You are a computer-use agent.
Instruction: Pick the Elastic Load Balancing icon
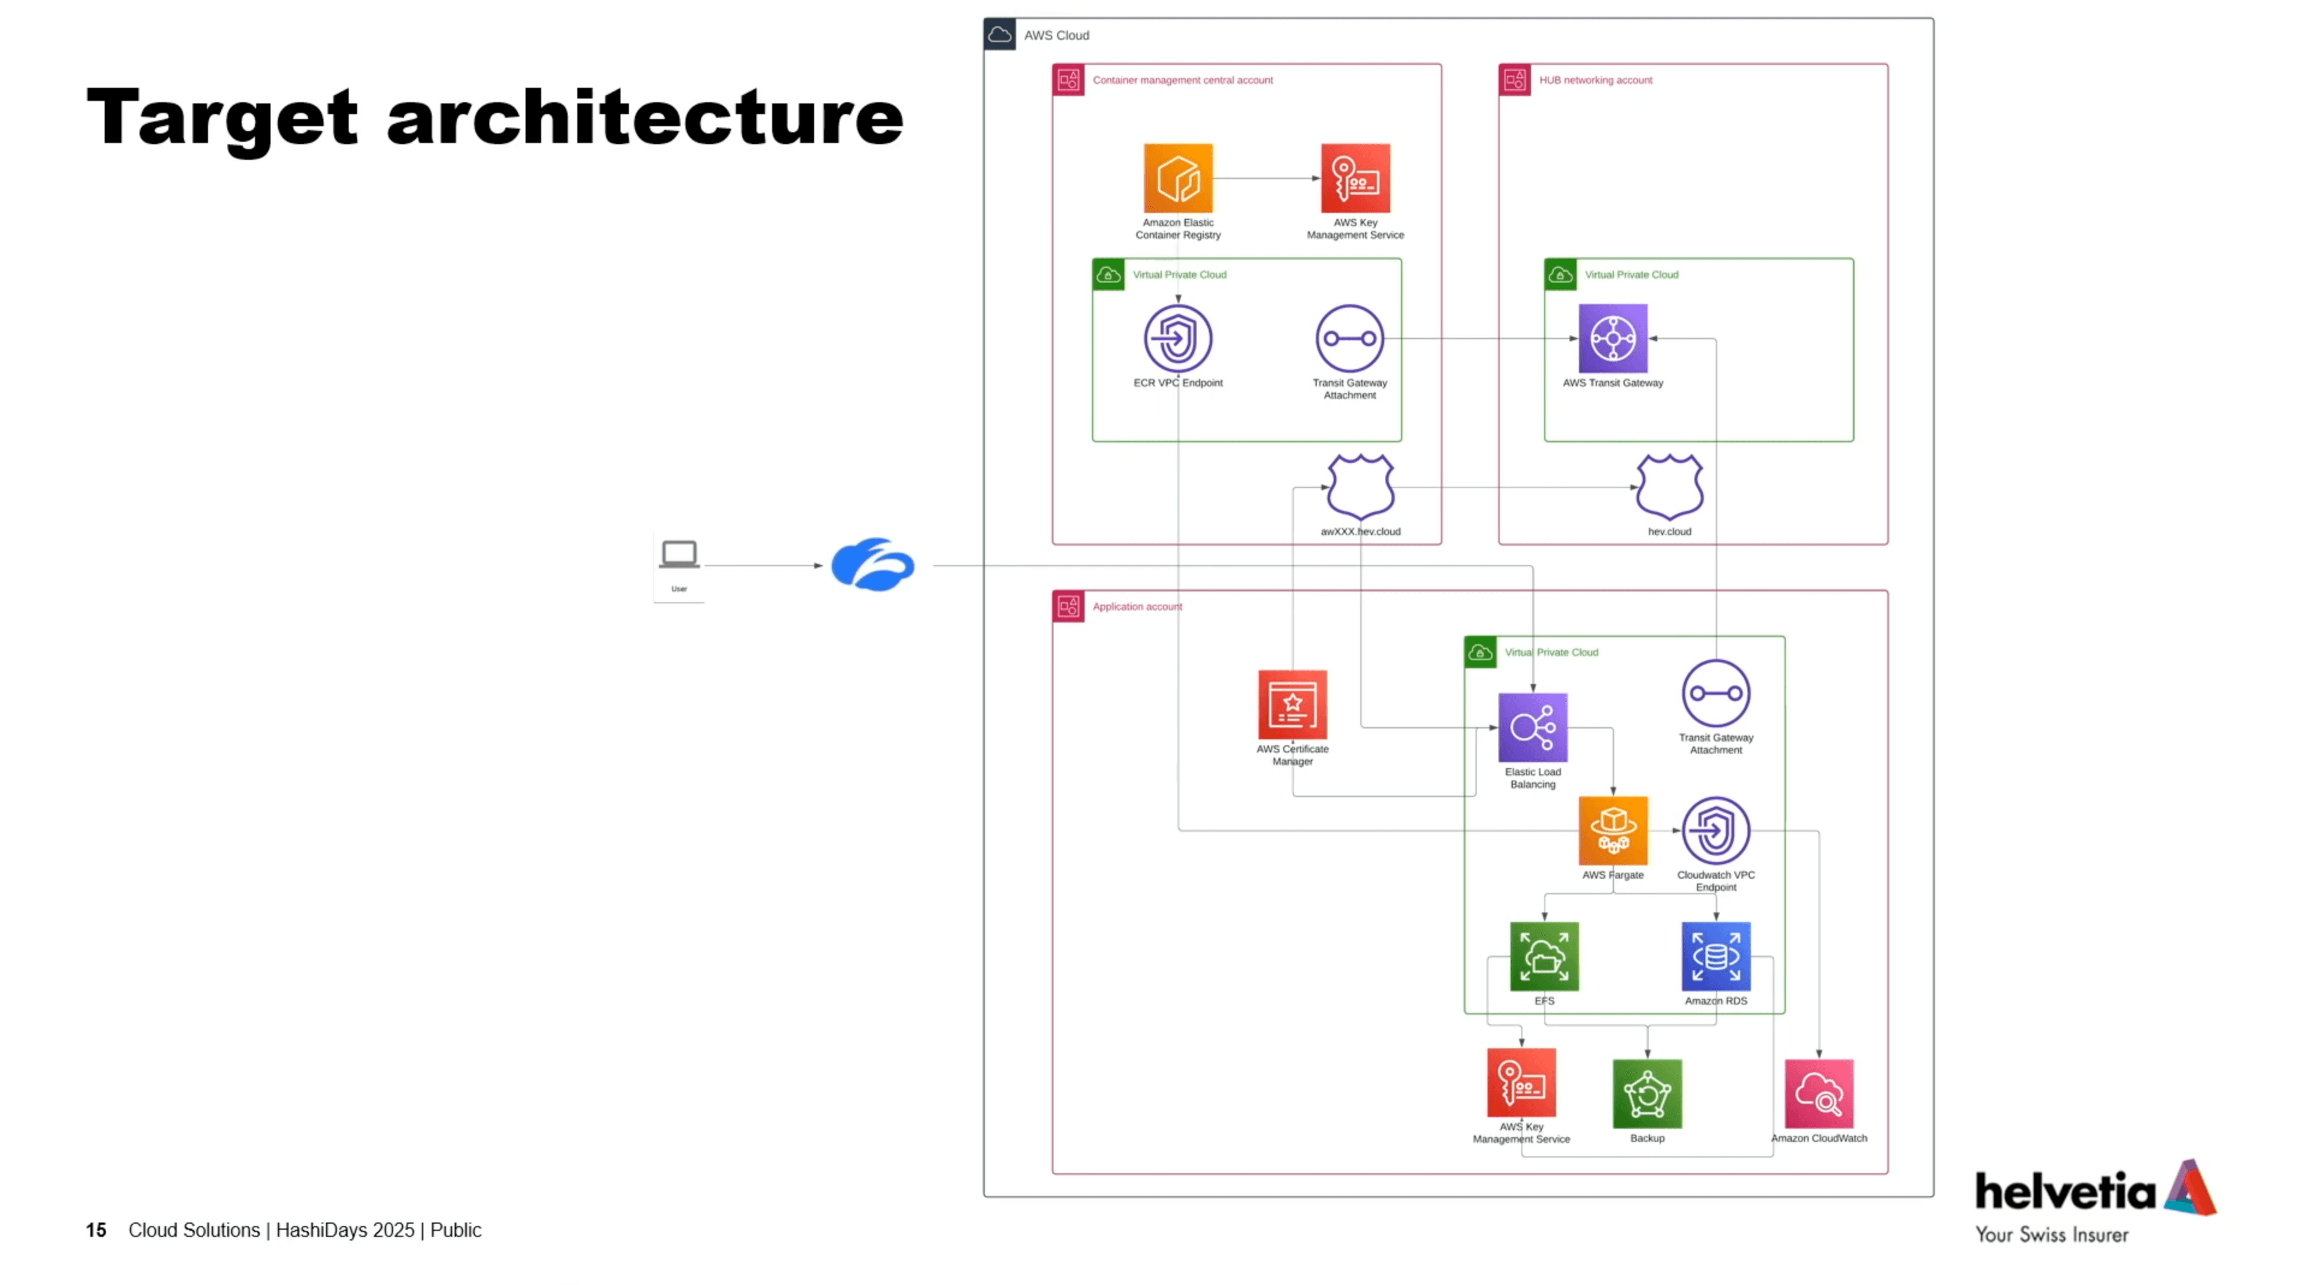1532,727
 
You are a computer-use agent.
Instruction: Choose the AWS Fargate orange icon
1613,830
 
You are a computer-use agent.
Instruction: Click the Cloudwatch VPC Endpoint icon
1716,830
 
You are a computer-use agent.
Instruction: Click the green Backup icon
1646,1093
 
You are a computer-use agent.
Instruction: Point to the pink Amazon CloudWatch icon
1819,1093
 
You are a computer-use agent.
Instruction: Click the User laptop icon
678,555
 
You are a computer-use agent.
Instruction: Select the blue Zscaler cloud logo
872,564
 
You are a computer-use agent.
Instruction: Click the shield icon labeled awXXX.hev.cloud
1360,487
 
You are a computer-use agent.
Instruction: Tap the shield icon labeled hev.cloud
1669,487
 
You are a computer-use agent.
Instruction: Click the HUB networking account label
1595,80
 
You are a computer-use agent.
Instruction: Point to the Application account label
1136,606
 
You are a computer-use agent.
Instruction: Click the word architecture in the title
645,118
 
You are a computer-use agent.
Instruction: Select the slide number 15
96,1230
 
